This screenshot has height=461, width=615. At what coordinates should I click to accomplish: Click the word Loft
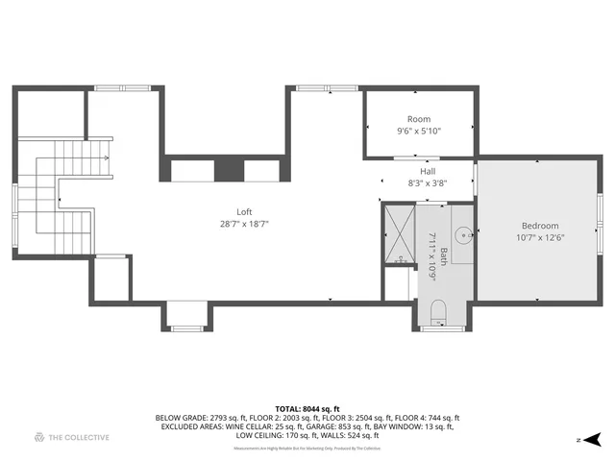(x=245, y=212)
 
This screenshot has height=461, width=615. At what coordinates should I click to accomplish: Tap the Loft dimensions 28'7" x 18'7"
(x=245, y=224)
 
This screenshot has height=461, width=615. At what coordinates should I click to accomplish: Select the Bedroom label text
(x=539, y=226)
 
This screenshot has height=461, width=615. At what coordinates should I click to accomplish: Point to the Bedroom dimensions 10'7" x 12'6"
(x=539, y=237)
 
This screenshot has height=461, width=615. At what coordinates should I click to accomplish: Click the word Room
(x=419, y=119)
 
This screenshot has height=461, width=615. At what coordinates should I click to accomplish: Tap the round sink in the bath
(x=462, y=232)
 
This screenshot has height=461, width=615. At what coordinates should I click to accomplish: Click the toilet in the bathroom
(x=438, y=310)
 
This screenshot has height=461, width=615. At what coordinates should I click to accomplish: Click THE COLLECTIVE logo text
(x=80, y=438)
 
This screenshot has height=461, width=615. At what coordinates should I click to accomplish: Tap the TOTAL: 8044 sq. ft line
(x=307, y=408)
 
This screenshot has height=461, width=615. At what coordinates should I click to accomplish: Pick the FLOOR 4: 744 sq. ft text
(x=430, y=418)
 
